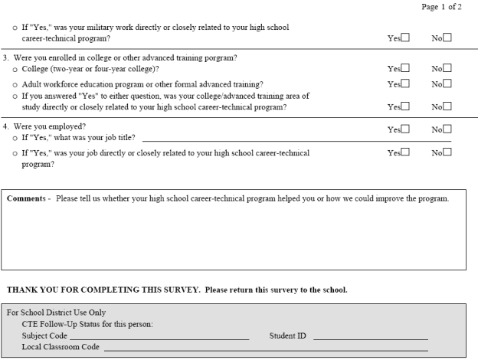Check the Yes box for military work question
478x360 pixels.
coord(405,37)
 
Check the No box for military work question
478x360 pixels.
coord(447,37)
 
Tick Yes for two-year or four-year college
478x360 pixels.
coord(405,68)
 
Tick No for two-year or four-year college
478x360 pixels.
coord(447,68)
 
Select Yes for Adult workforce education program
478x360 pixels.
coord(405,83)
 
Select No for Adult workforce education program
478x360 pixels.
coord(447,83)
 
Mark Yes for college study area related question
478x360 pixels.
coord(405,106)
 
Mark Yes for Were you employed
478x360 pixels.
coord(405,129)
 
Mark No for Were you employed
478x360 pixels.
coord(447,129)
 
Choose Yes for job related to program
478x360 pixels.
coord(405,152)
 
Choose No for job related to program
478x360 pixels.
coord(447,152)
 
